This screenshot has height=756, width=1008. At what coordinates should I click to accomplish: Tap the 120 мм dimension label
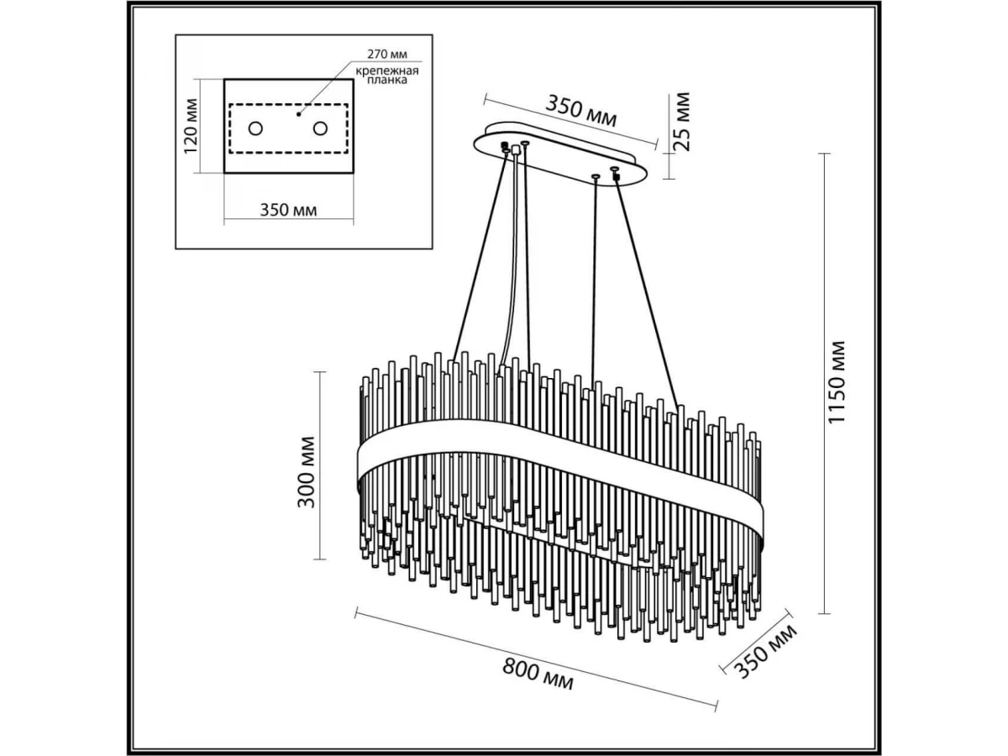(192, 126)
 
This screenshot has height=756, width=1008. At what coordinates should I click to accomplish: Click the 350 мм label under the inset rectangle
(289, 209)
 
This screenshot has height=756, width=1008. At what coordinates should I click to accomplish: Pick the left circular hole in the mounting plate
(255, 129)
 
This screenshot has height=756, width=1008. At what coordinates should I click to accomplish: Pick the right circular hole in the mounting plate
(320, 129)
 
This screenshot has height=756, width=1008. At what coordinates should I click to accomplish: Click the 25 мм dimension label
(682, 120)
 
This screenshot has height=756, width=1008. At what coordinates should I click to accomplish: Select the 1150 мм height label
(839, 382)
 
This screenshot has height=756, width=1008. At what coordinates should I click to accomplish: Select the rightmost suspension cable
(646, 286)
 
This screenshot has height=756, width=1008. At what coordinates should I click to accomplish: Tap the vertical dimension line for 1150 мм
(826, 382)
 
